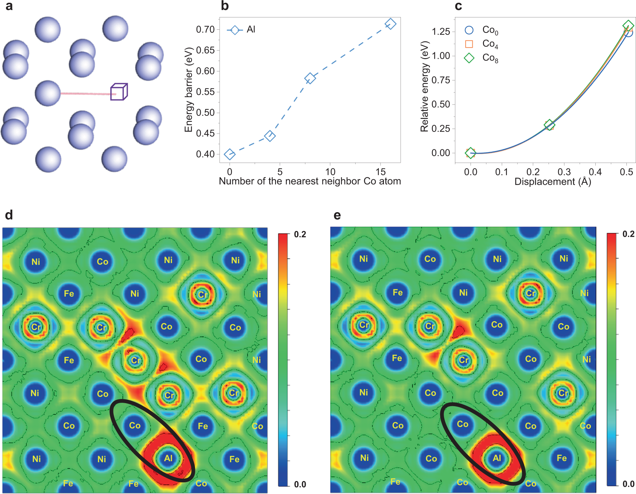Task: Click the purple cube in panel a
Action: pyautogui.click(x=119, y=92)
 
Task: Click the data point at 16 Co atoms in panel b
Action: pyautogui.click(x=390, y=24)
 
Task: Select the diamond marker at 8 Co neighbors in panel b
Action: pyautogui.click(x=310, y=78)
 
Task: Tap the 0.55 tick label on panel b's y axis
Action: pyautogui.click(x=205, y=92)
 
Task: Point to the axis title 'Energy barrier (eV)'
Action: pyautogui.click(x=189, y=90)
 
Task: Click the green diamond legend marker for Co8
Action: pyautogui.click(x=469, y=58)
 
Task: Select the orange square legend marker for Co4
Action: pyautogui.click(x=469, y=44)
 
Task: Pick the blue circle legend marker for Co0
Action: pyautogui.click(x=469, y=30)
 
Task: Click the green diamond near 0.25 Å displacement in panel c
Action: pyautogui.click(x=549, y=125)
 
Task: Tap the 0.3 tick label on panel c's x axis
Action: pyautogui.click(x=564, y=172)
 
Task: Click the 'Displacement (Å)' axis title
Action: pyautogui.click(x=552, y=181)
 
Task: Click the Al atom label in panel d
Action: pyautogui.click(x=168, y=458)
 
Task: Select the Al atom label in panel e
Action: pyautogui.click(x=497, y=458)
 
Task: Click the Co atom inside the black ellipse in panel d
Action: pyautogui.click(x=135, y=425)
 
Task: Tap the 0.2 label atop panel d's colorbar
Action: pyautogui.click(x=300, y=234)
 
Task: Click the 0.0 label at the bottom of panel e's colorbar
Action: pyautogui.click(x=628, y=484)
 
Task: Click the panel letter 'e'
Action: pyautogui.click(x=337, y=215)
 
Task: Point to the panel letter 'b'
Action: pyautogui.click(x=224, y=6)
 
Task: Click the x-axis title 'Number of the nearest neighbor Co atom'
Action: pyautogui.click(x=310, y=181)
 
